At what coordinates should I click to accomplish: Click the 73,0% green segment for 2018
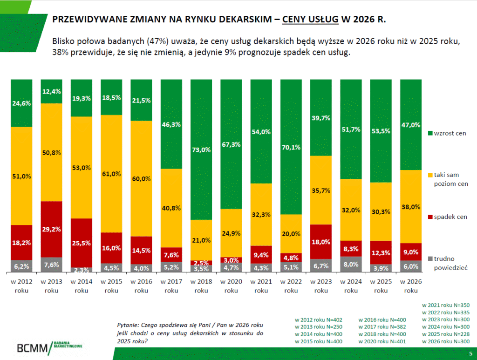pyautogui.click(x=201, y=149)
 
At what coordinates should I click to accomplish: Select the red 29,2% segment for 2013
pyautogui.click(x=51, y=229)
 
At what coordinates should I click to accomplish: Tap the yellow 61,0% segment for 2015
pyautogui.click(x=111, y=174)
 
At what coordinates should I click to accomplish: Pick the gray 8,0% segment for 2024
pyautogui.click(x=351, y=264)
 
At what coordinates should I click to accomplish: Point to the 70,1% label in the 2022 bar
pyautogui.click(x=291, y=148)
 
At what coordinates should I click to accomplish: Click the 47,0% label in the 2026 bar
pyautogui.click(x=411, y=125)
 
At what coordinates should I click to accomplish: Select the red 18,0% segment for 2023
pyautogui.click(x=321, y=241)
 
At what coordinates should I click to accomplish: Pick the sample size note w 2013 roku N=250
pyautogui.click(x=319, y=327)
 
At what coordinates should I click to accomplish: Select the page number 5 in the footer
pyautogui.click(x=470, y=353)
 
